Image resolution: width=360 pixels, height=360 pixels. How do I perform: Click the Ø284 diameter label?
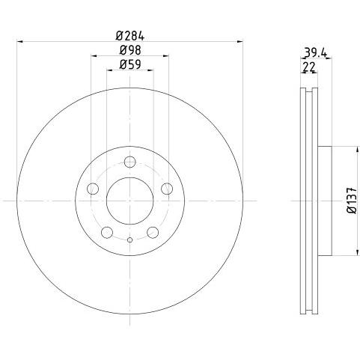[129, 37]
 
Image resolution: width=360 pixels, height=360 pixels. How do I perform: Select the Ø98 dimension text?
[130, 51]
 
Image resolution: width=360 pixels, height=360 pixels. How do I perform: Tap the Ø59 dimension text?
[130, 65]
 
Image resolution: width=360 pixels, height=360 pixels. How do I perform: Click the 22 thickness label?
[309, 67]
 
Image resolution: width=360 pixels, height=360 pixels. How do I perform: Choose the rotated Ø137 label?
[352, 200]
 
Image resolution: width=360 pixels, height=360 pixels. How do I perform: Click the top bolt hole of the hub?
[130, 162]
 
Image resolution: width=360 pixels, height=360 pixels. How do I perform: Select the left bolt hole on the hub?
[93, 189]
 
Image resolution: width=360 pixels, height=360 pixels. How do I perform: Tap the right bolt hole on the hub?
[167, 189]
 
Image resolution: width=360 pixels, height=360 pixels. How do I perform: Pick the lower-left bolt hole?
[107, 233]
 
